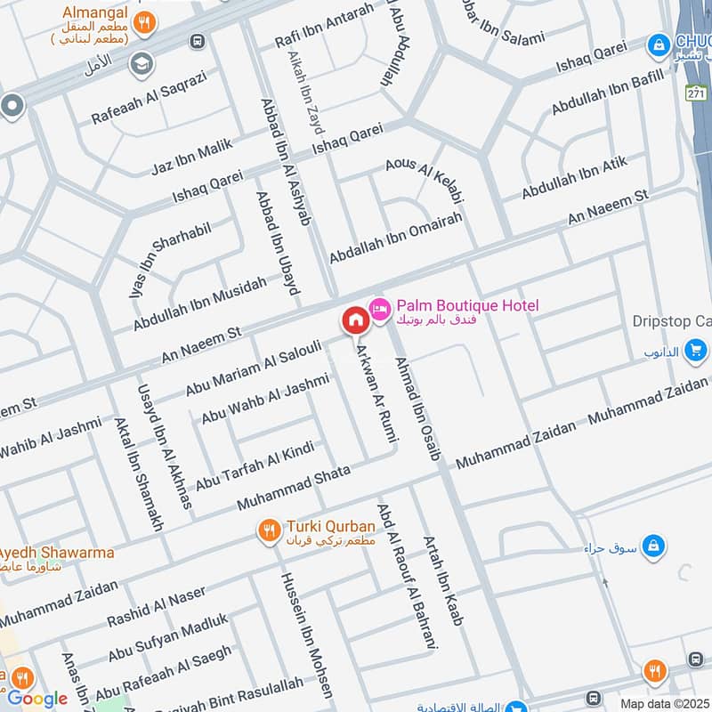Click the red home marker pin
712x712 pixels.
(x=355, y=320)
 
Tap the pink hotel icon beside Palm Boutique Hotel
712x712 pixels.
(x=380, y=308)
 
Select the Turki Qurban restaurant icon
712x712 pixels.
(x=268, y=531)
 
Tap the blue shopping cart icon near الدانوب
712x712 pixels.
(x=696, y=351)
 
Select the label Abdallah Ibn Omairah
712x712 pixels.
(x=395, y=231)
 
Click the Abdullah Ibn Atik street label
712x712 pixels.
(x=574, y=177)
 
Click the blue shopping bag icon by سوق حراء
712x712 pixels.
(x=654, y=545)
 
